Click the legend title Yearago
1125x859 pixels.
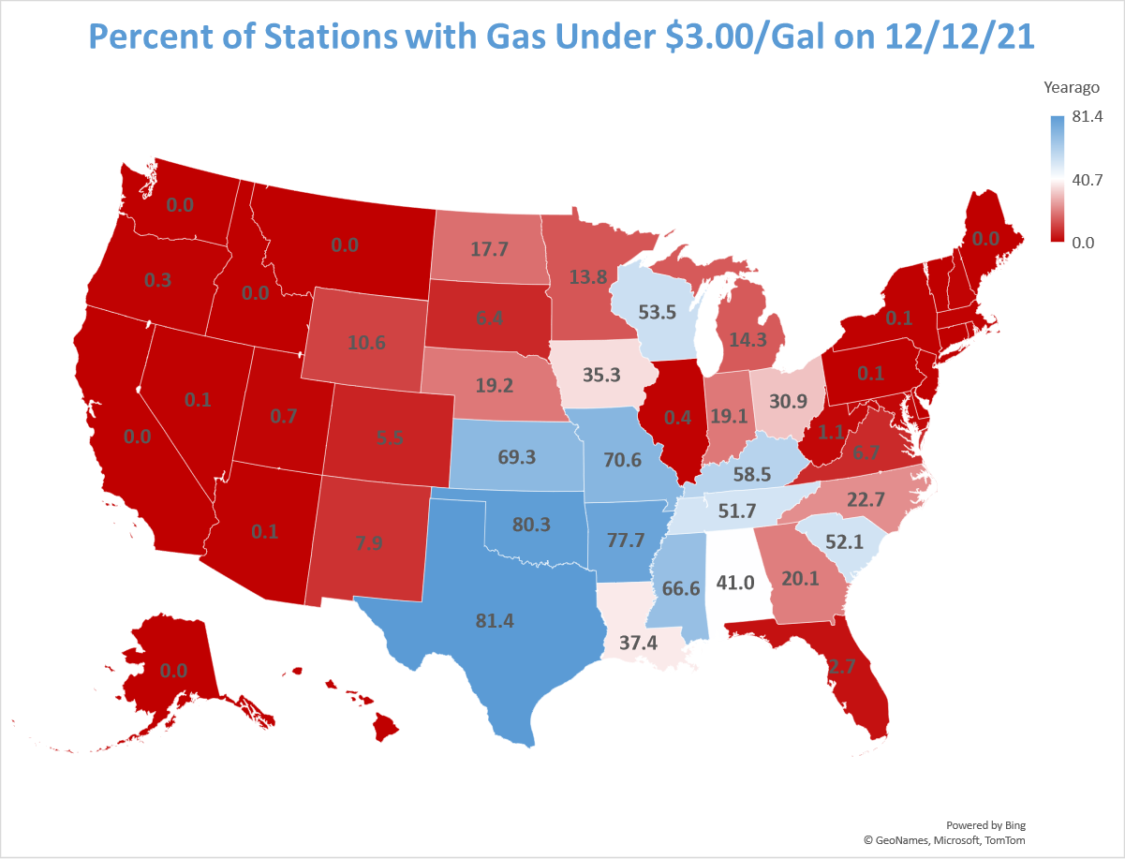click(x=1071, y=88)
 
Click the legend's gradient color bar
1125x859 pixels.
click(x=1056, y=179)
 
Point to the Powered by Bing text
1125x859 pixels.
click(x=985, y=825)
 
